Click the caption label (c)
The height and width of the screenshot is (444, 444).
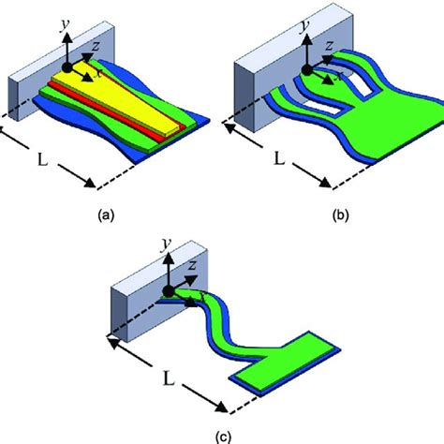pos(221,434)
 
